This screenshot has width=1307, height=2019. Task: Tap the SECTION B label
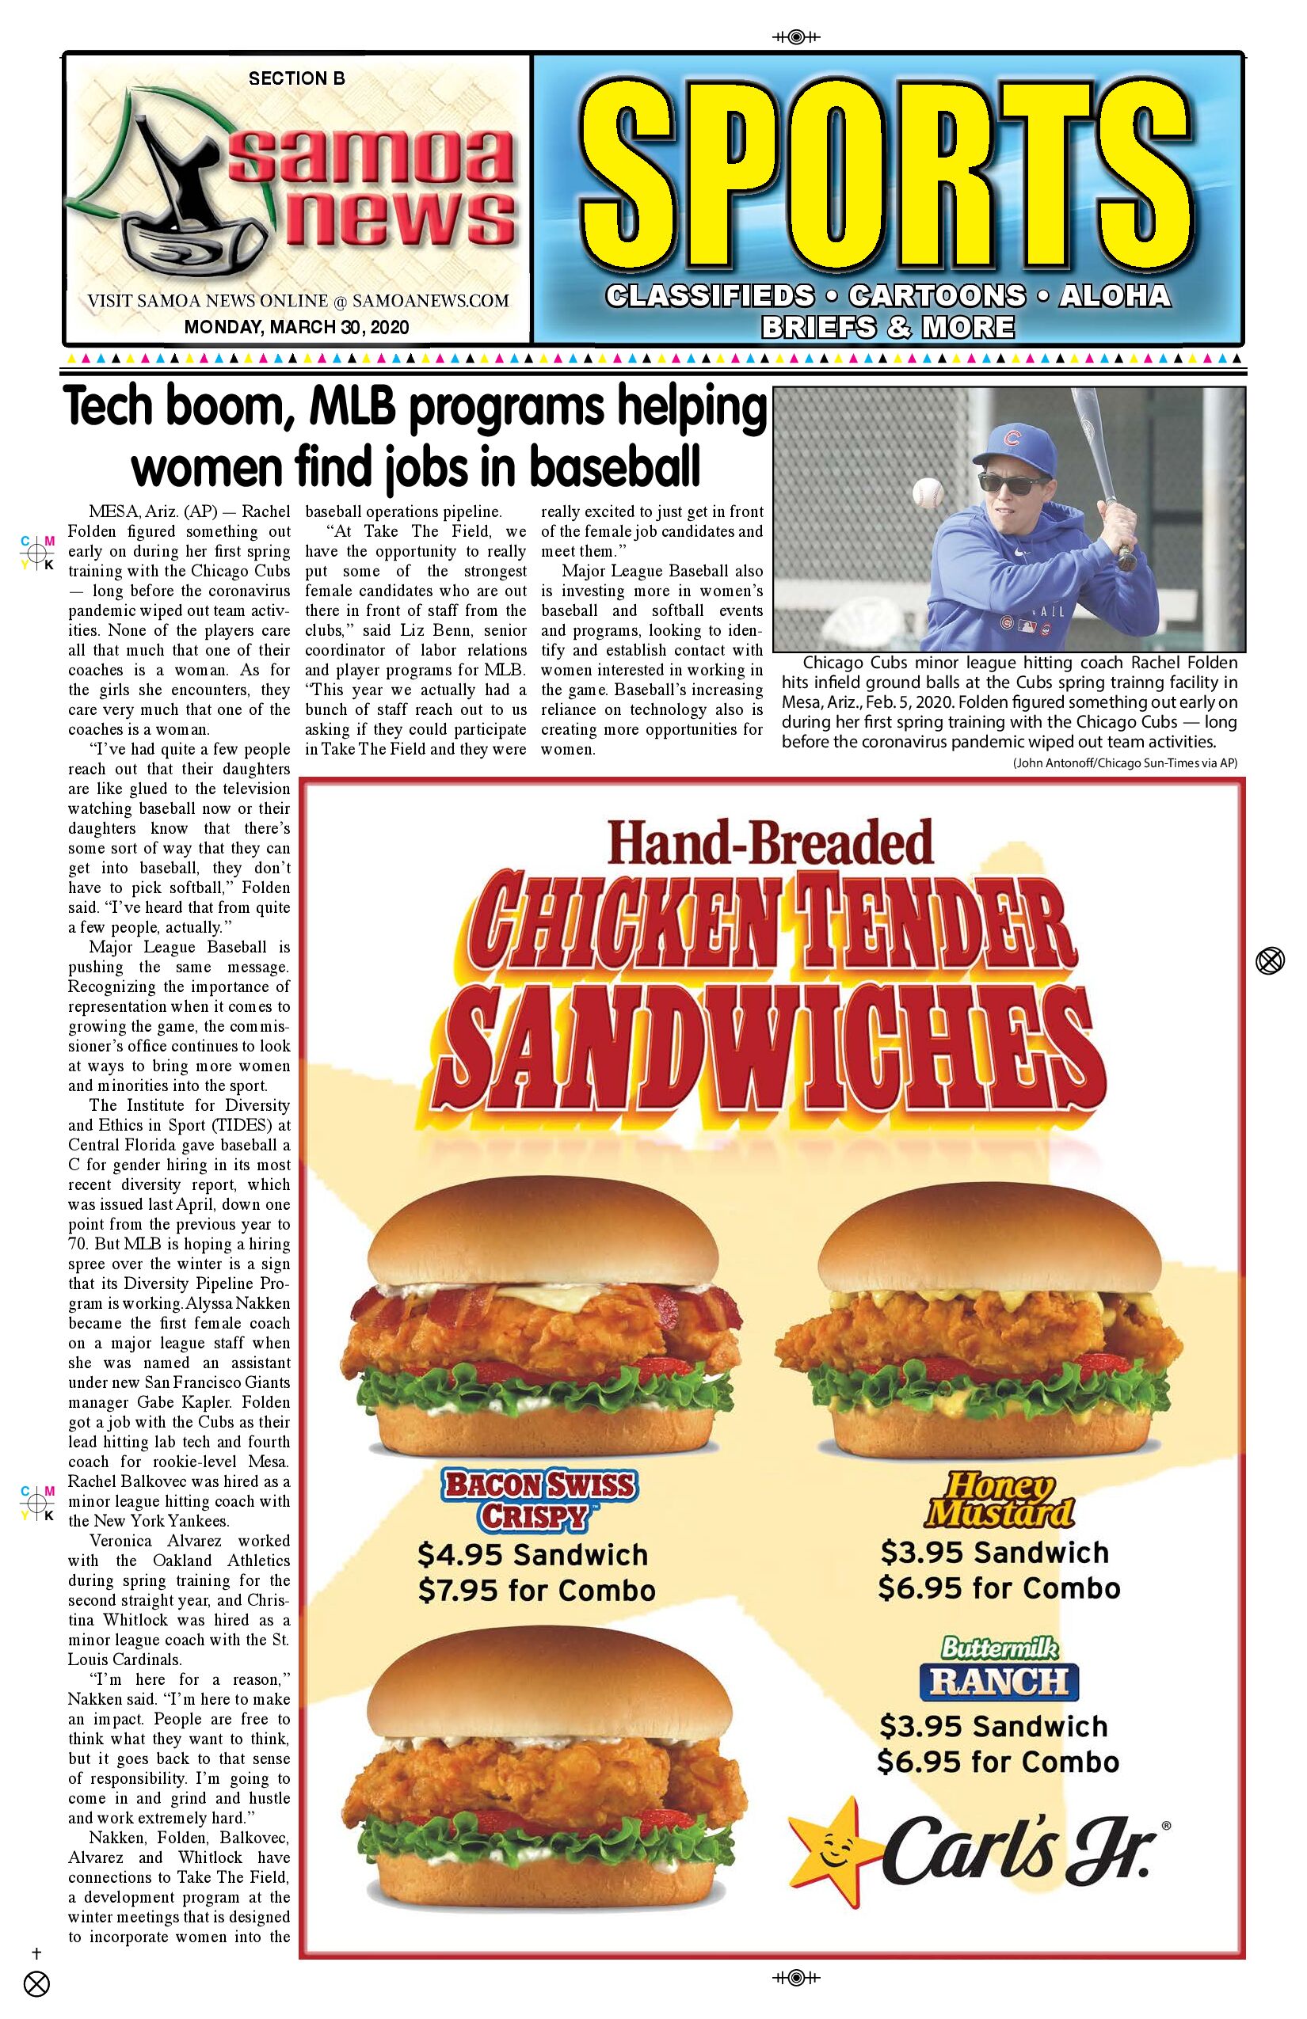click(x=296, y=78)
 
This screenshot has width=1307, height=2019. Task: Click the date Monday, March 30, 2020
click(x=296, y=328)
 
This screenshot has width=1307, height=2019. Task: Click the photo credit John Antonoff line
click(x=1125, y=762)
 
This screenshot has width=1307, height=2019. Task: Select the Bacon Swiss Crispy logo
click(x=539, y=1500)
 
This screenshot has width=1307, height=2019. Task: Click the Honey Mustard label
click(x=999, y=1500)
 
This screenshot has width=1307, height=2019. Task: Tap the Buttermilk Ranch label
click(x=999, y=1670)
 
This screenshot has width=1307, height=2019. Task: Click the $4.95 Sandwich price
click(x=532, y=1555)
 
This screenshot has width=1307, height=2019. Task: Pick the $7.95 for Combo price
click(x=536, y=1591)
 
